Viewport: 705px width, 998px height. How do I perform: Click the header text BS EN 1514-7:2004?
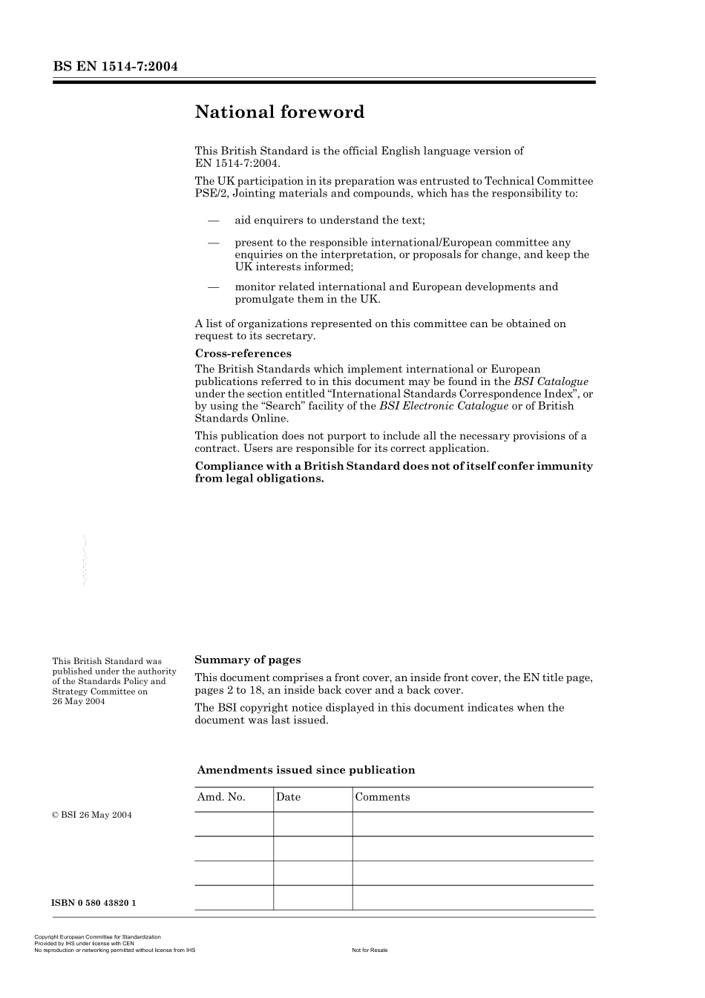click(x=115, y=67)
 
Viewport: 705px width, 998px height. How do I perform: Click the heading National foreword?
click(x=279, y=112)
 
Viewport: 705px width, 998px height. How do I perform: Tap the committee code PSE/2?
click(x=209, y=193)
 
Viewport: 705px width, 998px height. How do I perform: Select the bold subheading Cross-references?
click(x=243, y=353)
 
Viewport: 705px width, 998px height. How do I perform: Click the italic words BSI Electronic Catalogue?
click(x=444, y=406)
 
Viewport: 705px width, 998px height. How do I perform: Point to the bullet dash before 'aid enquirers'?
click(x=214, y=220)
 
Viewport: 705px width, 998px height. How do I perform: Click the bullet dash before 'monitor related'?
click(x=214, y=287)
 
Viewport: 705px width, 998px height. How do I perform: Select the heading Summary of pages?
click(x=247, y=660)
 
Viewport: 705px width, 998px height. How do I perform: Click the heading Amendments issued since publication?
click(x=306, y=769)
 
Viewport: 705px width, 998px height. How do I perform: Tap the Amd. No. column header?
click(x=220, y=797)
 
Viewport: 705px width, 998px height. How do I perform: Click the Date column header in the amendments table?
click(x=288, y=797)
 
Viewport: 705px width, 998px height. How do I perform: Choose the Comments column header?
click(x=382, y=797)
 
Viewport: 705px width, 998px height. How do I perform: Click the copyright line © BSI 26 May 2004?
click(x=92, y=815)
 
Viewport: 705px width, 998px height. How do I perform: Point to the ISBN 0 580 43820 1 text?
click(x=94, y=903)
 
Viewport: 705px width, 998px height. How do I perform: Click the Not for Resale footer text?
click(x=370, y=950)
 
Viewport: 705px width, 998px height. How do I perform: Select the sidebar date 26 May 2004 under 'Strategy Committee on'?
click(x=79, y=701)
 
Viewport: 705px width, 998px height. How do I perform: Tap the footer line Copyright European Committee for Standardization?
click(x=97, y=937)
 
